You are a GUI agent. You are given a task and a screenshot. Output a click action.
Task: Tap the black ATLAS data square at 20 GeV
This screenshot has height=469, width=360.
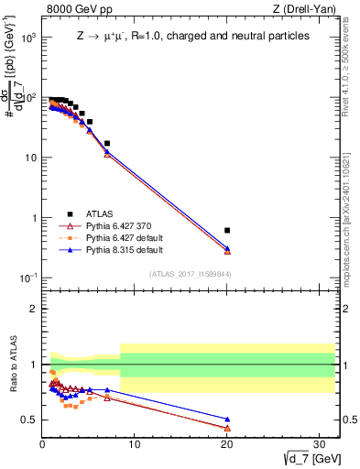coord(227,230)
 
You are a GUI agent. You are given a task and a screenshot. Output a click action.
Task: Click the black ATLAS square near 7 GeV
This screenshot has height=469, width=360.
coord(107,143)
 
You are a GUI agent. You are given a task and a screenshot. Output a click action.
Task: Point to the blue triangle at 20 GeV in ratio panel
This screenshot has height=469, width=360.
coord(227,420)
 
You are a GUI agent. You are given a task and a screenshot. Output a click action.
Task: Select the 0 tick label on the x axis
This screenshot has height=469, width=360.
coord(42,444)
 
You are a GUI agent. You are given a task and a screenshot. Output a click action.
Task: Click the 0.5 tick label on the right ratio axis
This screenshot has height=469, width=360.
coord(349,420)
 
